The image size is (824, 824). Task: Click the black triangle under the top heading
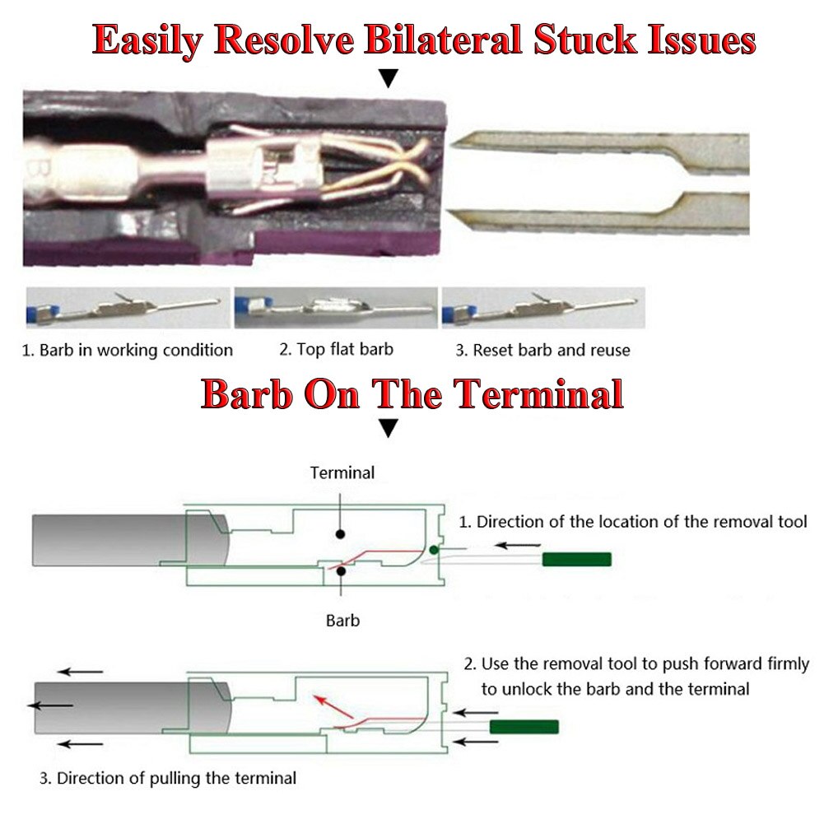tap(388, 78)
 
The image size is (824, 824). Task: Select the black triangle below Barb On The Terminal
tap(388, 428)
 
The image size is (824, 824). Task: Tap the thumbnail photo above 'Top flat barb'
tap(336, 308)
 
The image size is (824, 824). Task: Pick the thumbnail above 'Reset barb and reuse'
tap(543, 308)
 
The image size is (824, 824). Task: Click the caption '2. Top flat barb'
tap(336, 349)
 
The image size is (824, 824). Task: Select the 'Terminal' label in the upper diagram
tap(342, 473)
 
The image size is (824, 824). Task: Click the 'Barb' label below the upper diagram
tap(342, 620)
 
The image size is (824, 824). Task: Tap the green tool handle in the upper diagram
tap(576, 560)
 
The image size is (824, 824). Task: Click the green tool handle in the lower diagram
tap(524, 727)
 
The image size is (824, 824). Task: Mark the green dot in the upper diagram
tap(434, 549)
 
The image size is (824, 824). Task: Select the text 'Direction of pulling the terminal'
tap(176, 777)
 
